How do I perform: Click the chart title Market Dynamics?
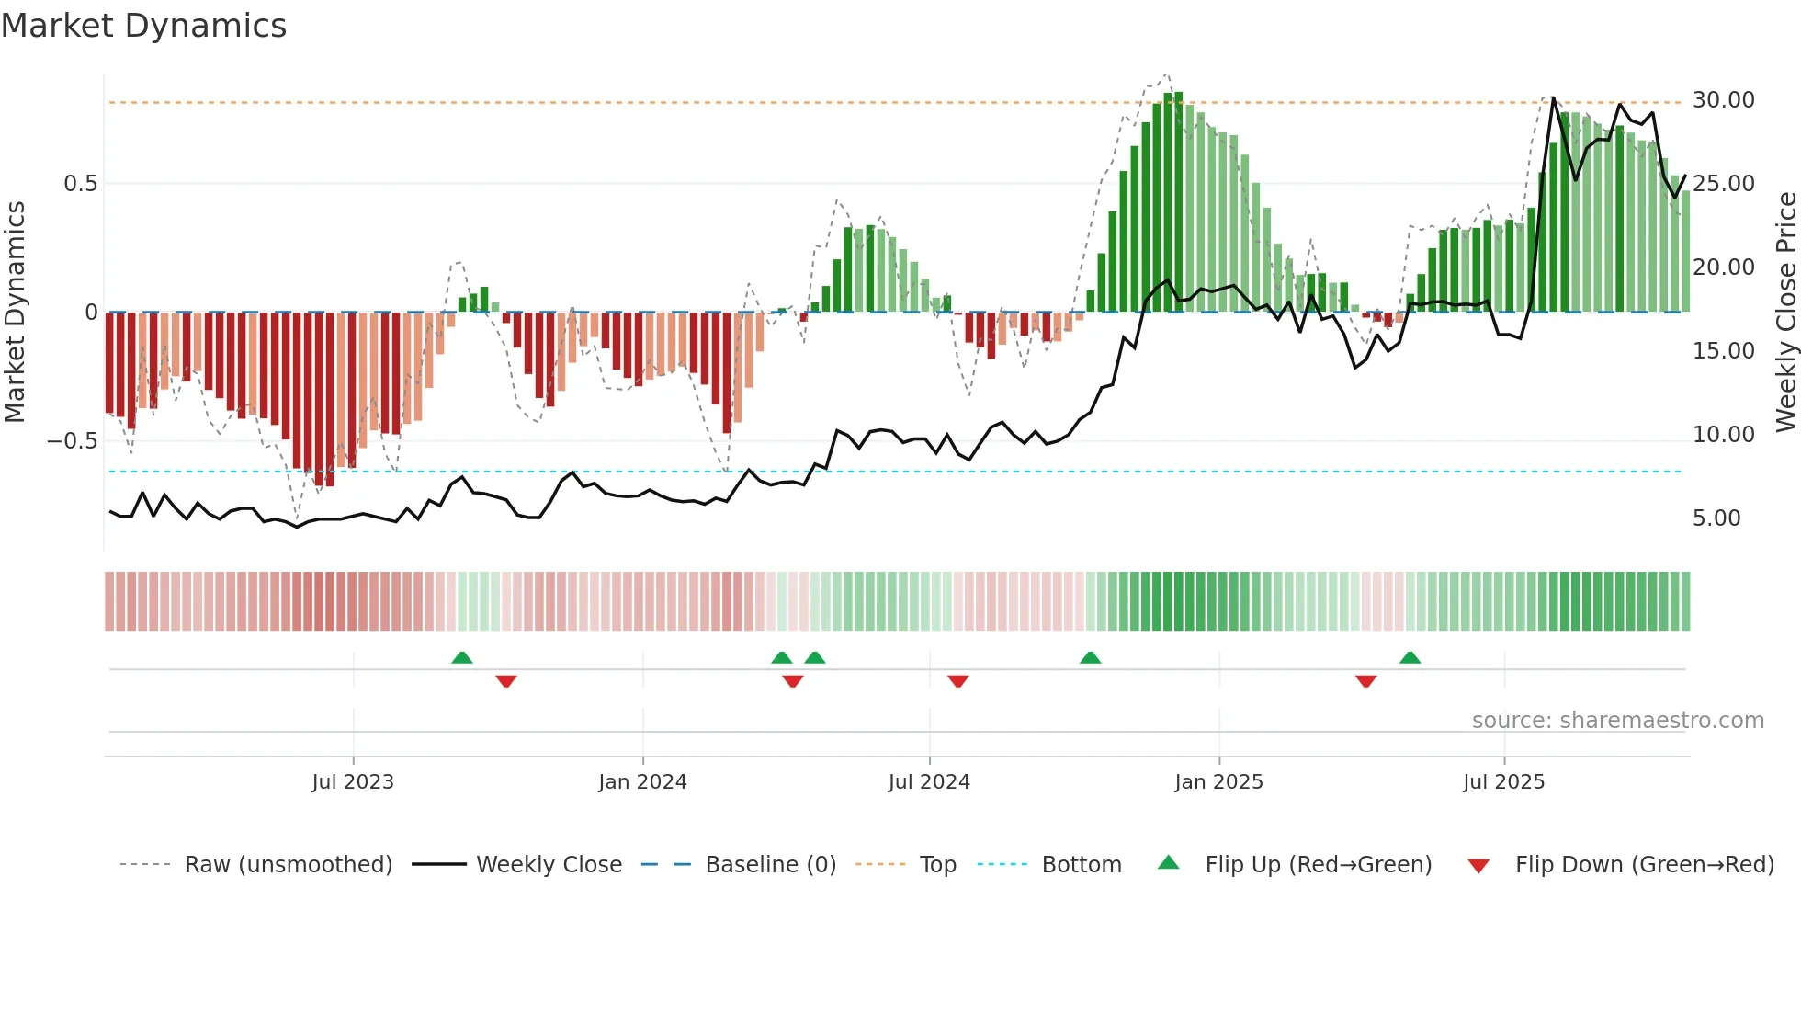tap(143, 26)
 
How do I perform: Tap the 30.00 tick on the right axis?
tap(1723, 100)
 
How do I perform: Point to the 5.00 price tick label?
tap(1716, 518)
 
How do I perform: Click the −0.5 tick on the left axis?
tap(72, 441)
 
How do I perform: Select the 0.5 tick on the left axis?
tap(80, 184)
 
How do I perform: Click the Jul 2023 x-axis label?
tap(352, 782)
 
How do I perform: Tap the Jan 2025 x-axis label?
tap(1218, 782)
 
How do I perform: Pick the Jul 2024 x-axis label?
tap(928, 782)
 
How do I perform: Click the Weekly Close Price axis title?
tap(1785, 312)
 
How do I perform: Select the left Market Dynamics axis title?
tap(15, 312)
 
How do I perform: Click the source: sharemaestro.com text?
tap(1617, 721)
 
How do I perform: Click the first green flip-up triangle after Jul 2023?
tap(462, 658)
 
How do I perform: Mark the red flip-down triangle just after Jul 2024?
tap(957, 681)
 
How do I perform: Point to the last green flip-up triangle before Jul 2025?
tap(1410, 658)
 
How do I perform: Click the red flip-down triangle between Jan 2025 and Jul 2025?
tap(1365, 681)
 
